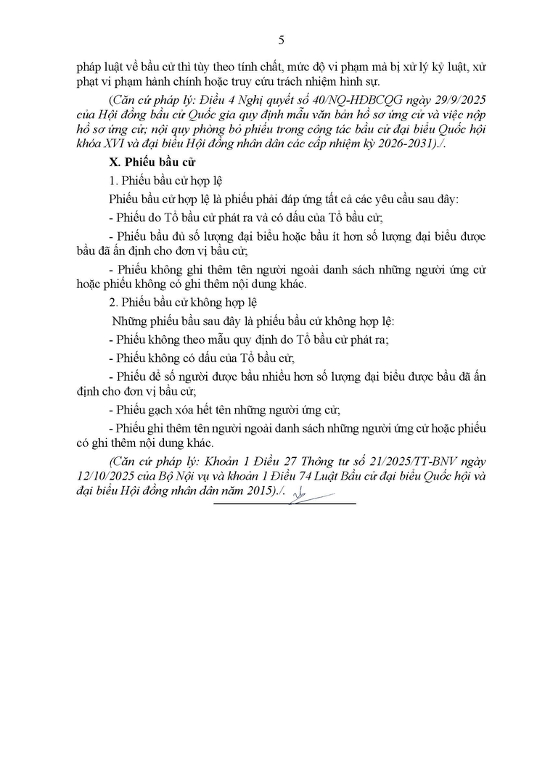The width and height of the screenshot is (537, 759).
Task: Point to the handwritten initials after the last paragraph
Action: (x=299, y=494)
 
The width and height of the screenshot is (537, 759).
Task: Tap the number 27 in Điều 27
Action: (x=283, y=462)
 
